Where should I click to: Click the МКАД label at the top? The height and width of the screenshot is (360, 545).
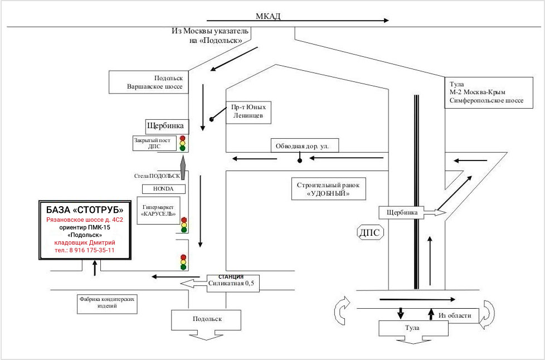[x=268, y=16]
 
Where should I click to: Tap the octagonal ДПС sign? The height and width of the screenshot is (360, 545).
[x=371, y=233]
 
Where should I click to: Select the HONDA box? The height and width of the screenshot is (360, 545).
[x=163, y=189]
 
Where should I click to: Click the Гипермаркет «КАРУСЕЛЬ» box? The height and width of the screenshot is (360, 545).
[x=158, y=210]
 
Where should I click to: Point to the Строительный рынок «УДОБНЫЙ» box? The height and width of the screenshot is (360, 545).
[x=328, y=189]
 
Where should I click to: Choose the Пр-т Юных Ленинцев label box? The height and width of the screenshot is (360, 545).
[x=248, y=112]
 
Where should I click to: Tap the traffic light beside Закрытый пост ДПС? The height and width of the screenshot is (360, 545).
[x=182, y=143]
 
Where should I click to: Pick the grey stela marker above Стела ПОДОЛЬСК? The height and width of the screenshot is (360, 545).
[x=183, y=168]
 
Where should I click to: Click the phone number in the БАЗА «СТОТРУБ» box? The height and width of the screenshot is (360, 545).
[x=85, y=250]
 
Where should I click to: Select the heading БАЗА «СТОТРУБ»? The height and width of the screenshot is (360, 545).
[x=85, y=210]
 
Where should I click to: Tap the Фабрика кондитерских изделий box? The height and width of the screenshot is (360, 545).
[x=107, y=303]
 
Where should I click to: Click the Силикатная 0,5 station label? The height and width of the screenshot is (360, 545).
[x=231, y=283]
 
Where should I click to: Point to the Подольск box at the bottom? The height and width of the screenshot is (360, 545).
[x=206, y=320]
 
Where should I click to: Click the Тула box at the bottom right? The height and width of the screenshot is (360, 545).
[x=413, y=328]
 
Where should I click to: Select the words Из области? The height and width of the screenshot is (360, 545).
[x=455, y=315]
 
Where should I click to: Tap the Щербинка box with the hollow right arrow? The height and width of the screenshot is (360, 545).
[x=401, y=212]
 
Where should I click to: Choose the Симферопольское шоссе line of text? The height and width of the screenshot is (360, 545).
[x=486, y=100]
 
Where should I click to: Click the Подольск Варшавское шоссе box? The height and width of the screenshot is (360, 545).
[x=149, y=82]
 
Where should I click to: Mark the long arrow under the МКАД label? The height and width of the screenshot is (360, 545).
[x=298, y=21]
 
